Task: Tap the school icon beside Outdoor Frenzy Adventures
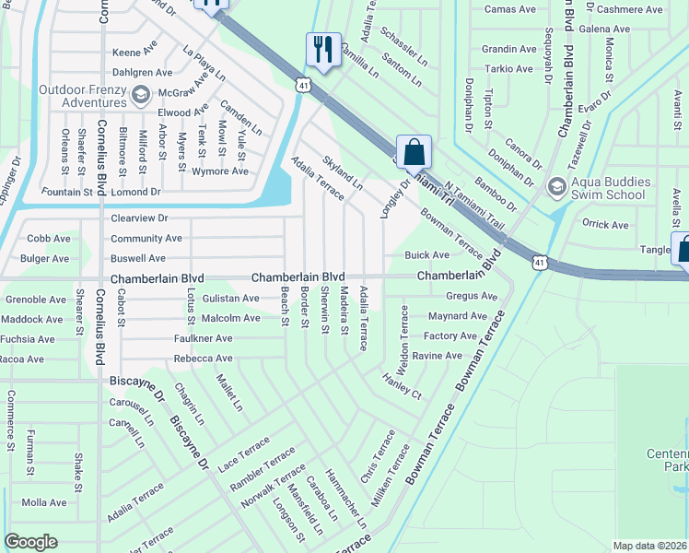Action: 141,94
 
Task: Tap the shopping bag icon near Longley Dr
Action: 415,152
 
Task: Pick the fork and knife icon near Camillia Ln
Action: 322,50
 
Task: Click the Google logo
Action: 31,542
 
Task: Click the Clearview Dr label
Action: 139,218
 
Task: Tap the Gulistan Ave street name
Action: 231,299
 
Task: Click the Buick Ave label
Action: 427,254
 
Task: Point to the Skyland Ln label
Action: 342,173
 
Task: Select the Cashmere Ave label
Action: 629,9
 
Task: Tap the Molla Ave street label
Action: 44,502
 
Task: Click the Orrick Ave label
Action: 605,224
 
